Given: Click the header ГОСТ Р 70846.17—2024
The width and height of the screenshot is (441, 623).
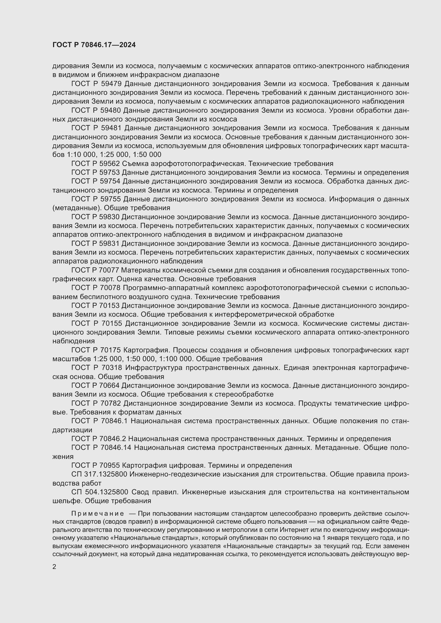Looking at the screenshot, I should pos(94,45).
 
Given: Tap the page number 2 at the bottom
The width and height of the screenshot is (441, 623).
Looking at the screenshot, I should pos(54,567).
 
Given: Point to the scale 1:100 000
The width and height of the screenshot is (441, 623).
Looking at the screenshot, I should pos(176,359).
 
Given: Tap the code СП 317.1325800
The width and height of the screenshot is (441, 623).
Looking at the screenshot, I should pos(99,474).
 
